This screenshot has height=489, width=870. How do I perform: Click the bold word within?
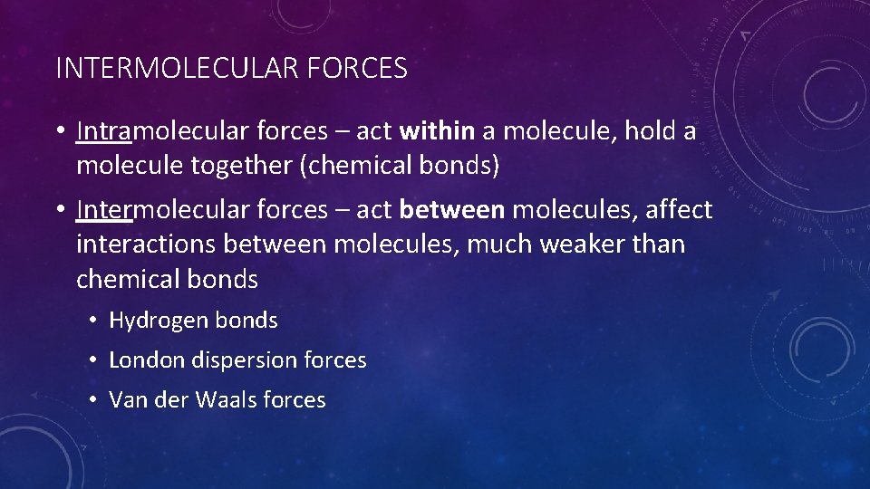point(437,131)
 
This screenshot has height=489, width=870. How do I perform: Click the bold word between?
point(452,210)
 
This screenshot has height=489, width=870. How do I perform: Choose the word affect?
point(678,210)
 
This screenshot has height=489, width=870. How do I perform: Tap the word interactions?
point(146,244)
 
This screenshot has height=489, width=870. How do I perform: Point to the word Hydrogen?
point(159,321)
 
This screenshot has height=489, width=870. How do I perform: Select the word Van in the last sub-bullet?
point(127,400)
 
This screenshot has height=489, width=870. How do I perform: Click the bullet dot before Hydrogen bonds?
point(92,321)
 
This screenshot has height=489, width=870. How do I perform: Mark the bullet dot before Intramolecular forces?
point(59,132)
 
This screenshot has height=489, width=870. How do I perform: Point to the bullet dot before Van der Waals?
point(92,400)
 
